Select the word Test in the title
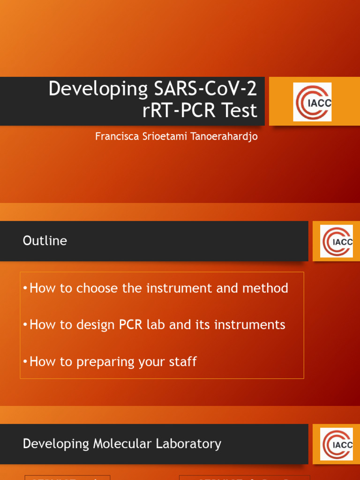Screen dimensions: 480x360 240,111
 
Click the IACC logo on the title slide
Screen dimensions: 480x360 312,102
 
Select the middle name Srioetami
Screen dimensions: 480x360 159,136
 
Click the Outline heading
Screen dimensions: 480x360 45,241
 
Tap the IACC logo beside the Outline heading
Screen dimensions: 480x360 337,241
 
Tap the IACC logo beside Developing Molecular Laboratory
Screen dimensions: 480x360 337,444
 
